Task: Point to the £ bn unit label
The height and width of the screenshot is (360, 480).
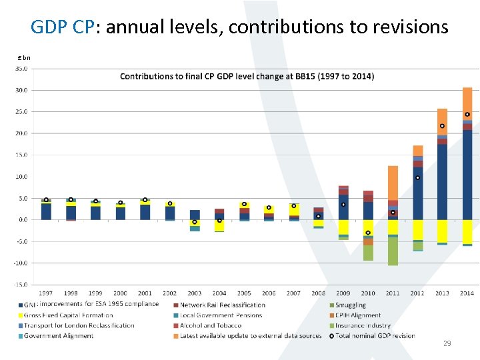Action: tap(24, 57)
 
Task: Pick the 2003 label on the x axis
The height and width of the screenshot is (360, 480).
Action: tap(195, 293)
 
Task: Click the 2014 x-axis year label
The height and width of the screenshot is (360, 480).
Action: tap(467, 293)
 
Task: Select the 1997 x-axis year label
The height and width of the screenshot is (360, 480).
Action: tap(46, 293)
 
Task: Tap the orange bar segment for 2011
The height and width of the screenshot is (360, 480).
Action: tap(393, 183)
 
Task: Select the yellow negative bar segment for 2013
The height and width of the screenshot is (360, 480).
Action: tap(442, 231)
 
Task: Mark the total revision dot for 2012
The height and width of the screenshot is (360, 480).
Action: tap(417, 177)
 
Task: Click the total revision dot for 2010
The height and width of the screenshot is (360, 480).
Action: tap(368, 233)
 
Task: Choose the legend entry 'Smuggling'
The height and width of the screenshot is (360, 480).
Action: tap(350, 305)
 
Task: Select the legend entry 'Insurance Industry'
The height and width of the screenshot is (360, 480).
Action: tap(363, 325)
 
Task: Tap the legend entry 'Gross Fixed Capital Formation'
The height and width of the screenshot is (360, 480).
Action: tap(67, 315)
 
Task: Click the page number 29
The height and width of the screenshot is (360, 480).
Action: tap(447, 343)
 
